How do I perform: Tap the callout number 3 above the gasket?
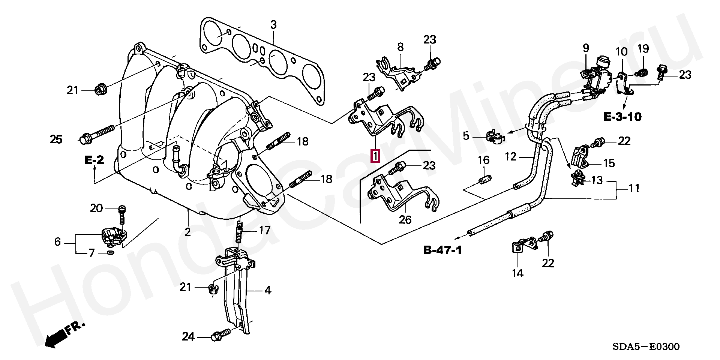[x=273, y=25]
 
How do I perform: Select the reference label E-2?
[x=93, y=161]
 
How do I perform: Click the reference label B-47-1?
[x=442, y=250]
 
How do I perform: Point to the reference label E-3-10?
[x=622, y=117]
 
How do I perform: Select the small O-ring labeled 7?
[x=111, y=253]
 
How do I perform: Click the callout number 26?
[x=405, y=219]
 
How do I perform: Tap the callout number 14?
[x=517, y=273]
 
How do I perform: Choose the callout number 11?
[x=634, y=187]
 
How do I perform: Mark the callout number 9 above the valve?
[x=586, y=48]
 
